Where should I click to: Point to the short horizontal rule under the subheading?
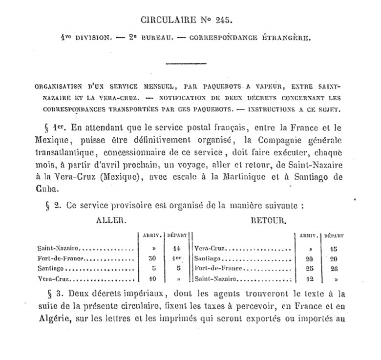(x=186, y=64)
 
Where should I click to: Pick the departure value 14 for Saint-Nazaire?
(x=177, y=249)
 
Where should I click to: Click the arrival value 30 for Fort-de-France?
(x=153, y=258)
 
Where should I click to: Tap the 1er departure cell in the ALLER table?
(x=177, y=258)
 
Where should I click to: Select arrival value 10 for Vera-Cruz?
(x=153, y=278)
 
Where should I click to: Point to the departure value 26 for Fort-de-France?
(x=333, y=269)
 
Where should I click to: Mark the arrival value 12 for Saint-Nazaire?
(x=309, y=278)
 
